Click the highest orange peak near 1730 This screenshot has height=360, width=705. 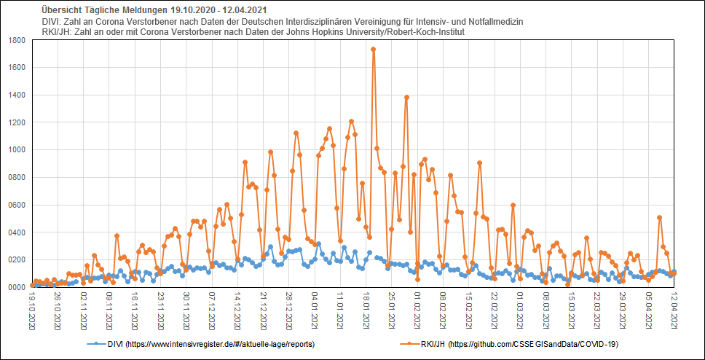(373, 50)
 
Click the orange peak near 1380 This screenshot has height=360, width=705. (406, 97)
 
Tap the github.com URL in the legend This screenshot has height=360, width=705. (536, 343)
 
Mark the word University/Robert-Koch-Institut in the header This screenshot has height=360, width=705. (401, 33)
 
